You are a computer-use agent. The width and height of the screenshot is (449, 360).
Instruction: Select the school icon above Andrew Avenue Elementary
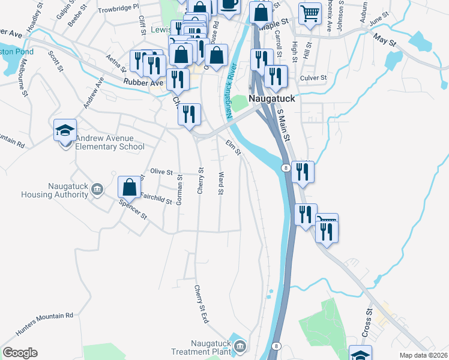click(65, 130)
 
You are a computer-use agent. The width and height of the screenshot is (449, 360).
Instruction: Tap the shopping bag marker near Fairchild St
click(129, 187)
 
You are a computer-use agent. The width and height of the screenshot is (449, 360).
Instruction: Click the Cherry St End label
click(201, 304)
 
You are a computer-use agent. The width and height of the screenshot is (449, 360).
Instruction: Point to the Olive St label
click(161, 171)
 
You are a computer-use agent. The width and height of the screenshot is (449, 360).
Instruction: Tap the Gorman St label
click(179, 189)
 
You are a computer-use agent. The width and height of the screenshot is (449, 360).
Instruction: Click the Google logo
click(20, 353)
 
